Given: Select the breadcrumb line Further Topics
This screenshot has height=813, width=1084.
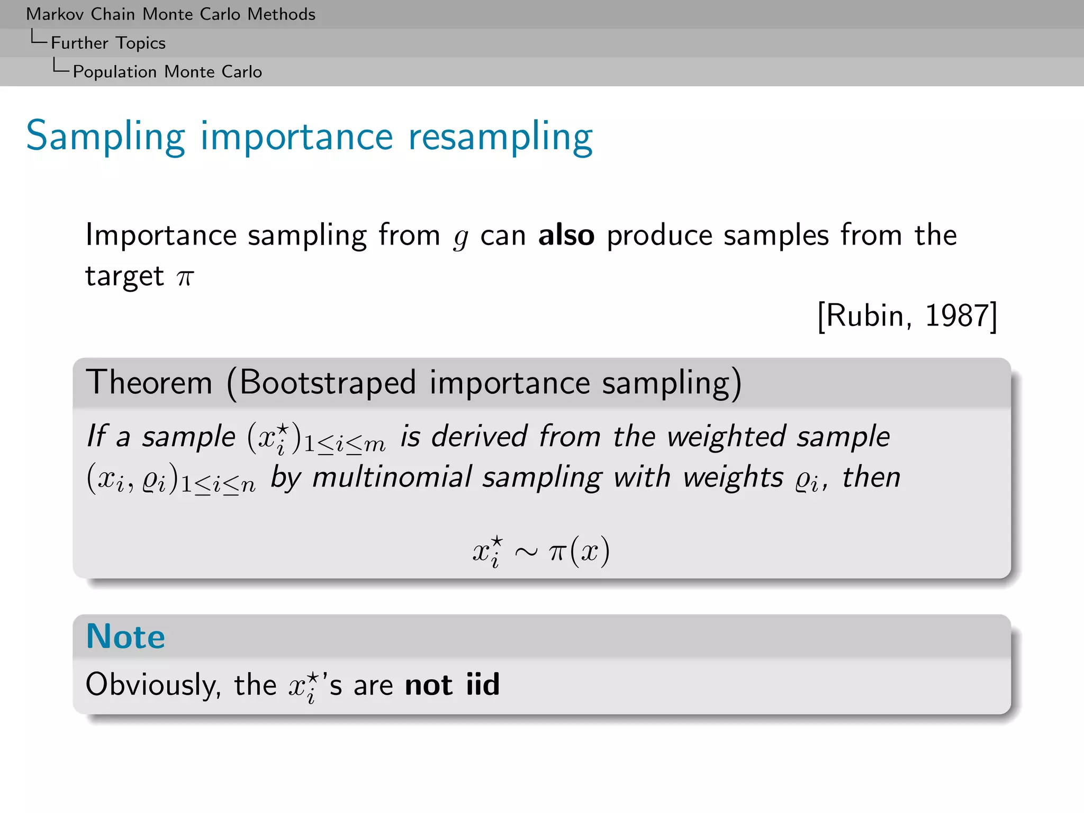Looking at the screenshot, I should click(108, 43).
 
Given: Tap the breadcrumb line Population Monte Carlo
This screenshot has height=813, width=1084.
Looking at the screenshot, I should click(167, 71).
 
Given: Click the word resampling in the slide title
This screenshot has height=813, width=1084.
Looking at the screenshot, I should click(500, 137).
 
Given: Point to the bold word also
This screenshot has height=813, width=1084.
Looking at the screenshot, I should click(566, 236).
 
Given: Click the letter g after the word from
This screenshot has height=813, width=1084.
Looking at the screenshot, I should click(460, 238).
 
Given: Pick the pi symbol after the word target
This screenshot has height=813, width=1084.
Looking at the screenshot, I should click(185, 277).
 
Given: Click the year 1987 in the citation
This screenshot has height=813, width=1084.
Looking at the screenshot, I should click(957, 316).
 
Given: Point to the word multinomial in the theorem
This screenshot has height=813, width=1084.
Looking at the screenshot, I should click(392, 477).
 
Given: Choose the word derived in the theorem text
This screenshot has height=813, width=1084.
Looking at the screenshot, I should click(479, 437).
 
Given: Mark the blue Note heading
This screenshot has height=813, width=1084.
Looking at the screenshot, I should click(125, 636).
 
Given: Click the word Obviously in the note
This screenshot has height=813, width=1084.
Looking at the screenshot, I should click(153, 685).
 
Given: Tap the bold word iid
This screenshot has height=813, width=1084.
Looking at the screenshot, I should click(483, 684).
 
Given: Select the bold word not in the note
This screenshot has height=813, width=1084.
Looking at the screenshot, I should click(428, 685).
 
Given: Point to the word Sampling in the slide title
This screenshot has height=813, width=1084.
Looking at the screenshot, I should click(105, 137).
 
